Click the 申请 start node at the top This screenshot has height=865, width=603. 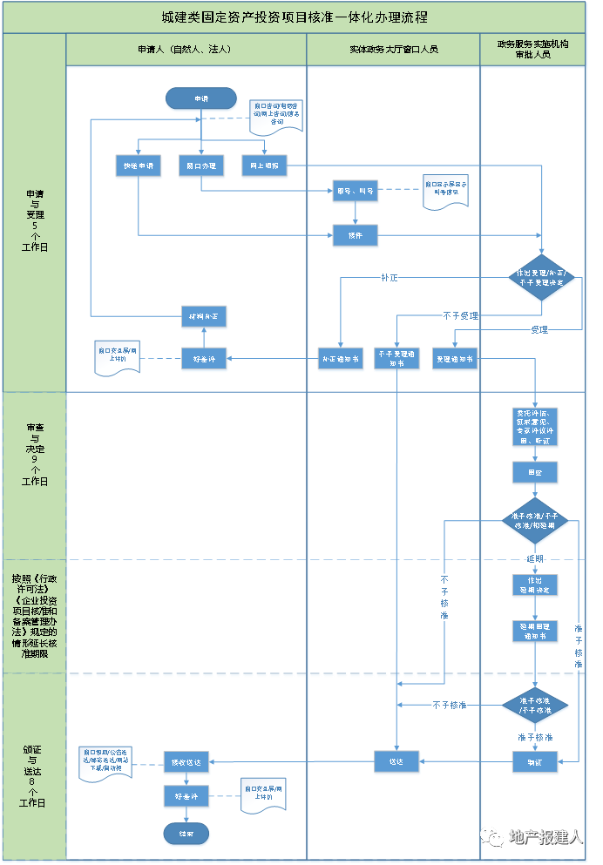click(x=201, y=99)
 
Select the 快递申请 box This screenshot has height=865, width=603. click(x=138, y=166)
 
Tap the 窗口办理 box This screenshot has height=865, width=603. click(x=201, y=166)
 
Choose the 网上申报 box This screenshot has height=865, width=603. click(x=264, y=166)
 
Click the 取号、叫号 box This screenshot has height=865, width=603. click(x=356, y=192)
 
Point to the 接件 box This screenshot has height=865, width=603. click(x=356, y=235)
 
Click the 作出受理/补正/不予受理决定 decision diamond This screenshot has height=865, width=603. click(x=542, y=279)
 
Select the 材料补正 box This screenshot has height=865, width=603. click(x=205, y=317)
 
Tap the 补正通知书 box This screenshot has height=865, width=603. click(x=341, y=359)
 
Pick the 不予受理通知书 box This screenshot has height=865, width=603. click(x=397, y=359)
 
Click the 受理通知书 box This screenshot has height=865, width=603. click(x=455, y=359)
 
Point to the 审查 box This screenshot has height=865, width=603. click(x=535, y=474)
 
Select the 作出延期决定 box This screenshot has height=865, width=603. click(x=535, y=585)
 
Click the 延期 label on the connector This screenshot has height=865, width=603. click(x=535, y=558)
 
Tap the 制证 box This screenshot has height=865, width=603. click(x=535, y=763)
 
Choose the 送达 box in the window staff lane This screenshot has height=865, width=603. click(x=397, y=762)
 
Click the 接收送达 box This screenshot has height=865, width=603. click(x=186, y=762)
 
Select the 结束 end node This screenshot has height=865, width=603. click(x=186, y=835)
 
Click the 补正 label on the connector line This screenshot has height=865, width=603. click(x=389, y=278)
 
